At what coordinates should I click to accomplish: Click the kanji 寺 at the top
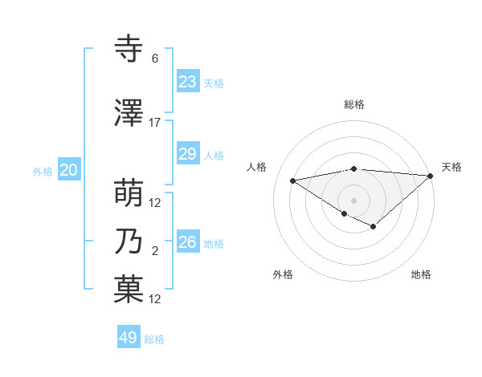coord(129,50)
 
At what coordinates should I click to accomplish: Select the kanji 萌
coord(129,194)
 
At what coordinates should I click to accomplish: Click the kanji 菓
coord(129,290)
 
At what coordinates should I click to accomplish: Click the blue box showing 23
coord(188,82)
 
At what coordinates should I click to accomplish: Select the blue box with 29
coord(188,154)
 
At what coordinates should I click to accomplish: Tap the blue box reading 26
coord(188,242)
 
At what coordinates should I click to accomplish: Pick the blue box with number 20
coord(69,170)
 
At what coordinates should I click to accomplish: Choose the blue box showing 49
coord(129,338)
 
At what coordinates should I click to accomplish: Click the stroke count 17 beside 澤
coord(155,123)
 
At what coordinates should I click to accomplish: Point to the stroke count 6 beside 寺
coord(155,59)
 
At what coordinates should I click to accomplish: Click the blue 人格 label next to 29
coord(214,155)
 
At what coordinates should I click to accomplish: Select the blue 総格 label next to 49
coord(154,339)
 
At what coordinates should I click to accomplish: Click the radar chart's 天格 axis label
coord(451,167)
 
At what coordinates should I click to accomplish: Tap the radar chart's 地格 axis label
coord(421,274)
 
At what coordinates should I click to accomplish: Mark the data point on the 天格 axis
coord(430,176)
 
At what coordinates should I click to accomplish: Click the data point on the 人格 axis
coord(293,180)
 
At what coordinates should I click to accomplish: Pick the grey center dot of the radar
coord(353,200)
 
